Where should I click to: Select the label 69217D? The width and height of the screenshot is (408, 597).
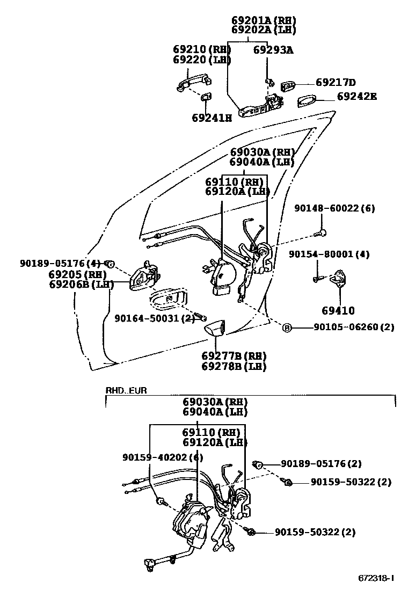tap(336, 83)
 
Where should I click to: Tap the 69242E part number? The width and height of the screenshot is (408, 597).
tap(356, 97)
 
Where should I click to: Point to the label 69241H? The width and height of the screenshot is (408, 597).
tap(212, 118)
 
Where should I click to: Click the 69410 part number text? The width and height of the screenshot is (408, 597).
tap(338, 310)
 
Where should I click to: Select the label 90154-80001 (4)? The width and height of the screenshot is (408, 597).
tap(329, 254)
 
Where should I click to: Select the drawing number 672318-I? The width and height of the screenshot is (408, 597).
tap(376, 578)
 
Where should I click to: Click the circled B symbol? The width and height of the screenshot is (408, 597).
tap(287, 327)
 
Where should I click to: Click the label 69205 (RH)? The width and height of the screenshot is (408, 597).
tap(70, 274)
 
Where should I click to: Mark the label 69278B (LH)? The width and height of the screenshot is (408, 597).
tap(234, 367)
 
